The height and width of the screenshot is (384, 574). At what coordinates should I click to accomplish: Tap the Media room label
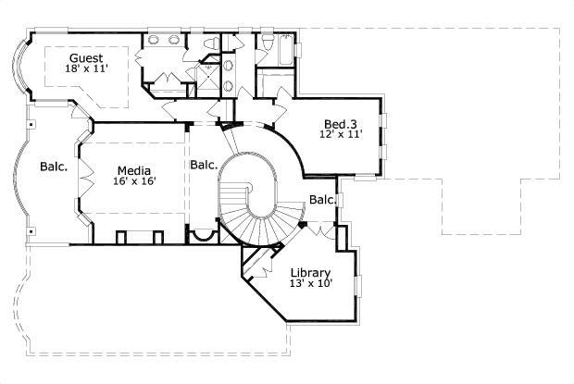[x=134, y=169]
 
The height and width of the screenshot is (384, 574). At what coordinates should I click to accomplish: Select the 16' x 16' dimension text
[x=135, y=181]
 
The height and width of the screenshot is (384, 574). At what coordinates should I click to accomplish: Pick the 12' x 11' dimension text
[x=342, y=135]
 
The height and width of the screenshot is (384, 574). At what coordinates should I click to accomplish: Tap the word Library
[x=310, y=272]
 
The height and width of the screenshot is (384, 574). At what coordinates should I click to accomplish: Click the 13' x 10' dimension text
[x=312, y=284]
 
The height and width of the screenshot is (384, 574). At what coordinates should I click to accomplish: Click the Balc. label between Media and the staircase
[x=204, y=165]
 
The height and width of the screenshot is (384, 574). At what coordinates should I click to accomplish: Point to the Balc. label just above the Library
[x=322, y=200]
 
